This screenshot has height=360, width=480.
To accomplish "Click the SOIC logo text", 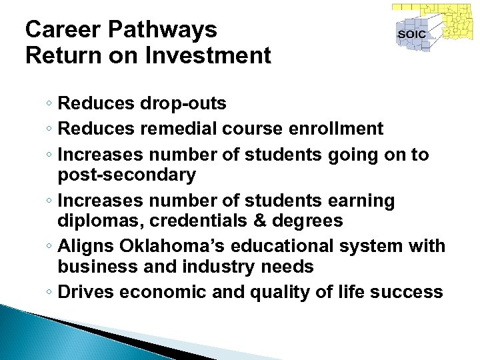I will click(411, 34).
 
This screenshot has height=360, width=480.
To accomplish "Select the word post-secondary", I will click(127, 175).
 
